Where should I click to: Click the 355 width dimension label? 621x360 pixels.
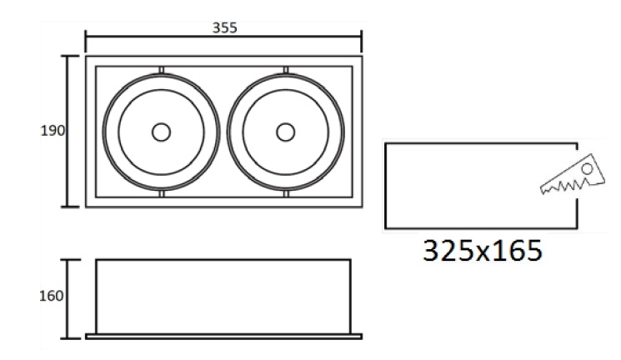pyautogui.click(x=224, y=27)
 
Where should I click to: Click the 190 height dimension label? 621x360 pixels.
pyautogui.click(x=53, y=131)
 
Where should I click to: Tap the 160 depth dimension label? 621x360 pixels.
pyautogui.click(x=52, y=296)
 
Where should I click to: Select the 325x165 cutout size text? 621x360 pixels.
pyautogui.click(x=483, y=251)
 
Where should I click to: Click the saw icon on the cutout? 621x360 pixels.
pyautogui.click(x=573, y=175)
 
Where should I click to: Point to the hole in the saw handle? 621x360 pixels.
pyautogui.click(x=587, y=168)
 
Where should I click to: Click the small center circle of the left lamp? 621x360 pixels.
pyautogui.click(x=161, y=132)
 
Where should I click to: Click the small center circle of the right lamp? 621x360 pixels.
pyautogui.click(x=286, y=132)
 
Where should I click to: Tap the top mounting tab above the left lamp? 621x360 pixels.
pyautogui.click(x=161, y=70)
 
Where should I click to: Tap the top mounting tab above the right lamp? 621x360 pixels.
pyautogui.click(x=286, y=70)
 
